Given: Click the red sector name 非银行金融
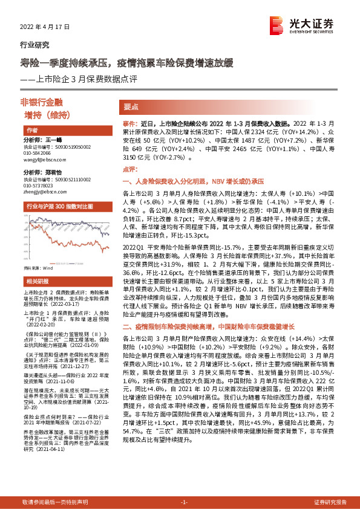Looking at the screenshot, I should pyautogui.click(x=54, y=101).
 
